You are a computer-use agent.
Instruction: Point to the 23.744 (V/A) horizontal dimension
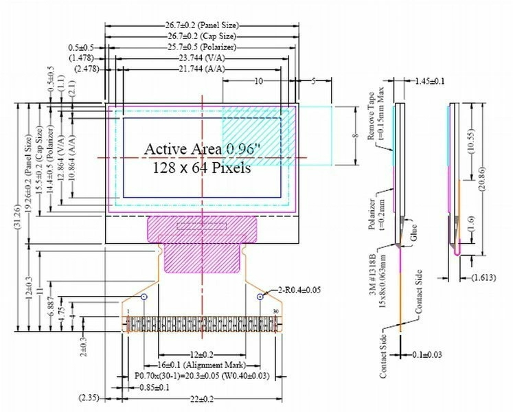(202, 59)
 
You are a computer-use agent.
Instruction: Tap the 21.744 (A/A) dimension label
(202, 70)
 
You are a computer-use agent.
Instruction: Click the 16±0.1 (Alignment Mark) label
(203, 365)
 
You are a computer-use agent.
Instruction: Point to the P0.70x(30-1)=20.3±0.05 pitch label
(203, 376)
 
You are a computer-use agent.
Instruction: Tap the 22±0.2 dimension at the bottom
(203, 399)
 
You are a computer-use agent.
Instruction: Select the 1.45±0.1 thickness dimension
(430, 81)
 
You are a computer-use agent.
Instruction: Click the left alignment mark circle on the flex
(144, 297)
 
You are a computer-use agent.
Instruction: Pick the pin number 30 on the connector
(275, 312)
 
